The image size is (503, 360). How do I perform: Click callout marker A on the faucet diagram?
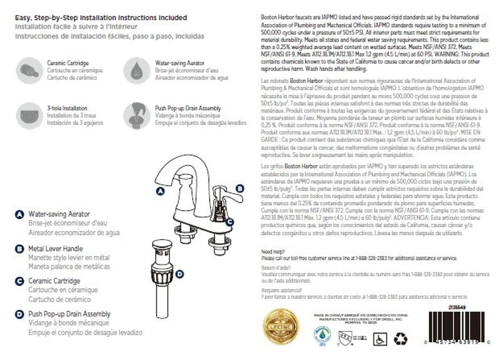pos(159,189)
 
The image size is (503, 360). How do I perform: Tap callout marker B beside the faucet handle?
pos(239,188)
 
